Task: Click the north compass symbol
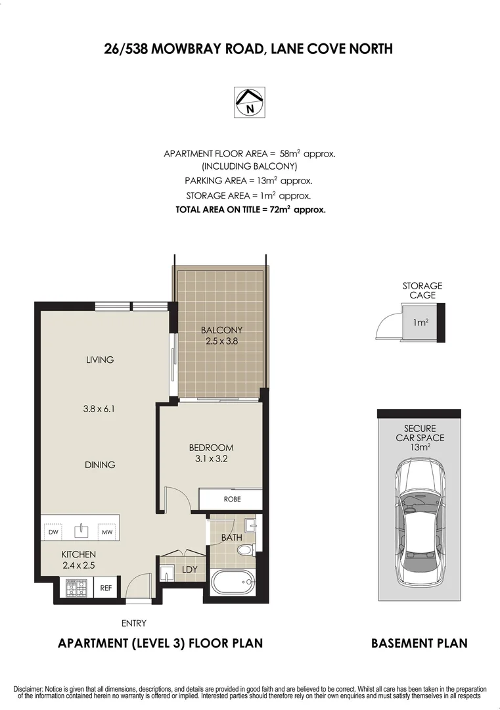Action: (x=249, y=103)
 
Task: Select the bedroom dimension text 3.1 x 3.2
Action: (x=211, y=459)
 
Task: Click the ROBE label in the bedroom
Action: (x=232, y=499)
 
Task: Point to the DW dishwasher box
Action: (x=53, y=531)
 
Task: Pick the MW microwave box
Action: (x=106, y=531)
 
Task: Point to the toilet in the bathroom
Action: (x=244, y=550)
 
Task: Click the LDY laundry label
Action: (x=189, y=569)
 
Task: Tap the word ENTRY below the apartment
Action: (x=134, y=623)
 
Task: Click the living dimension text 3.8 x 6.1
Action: (x=99, y=408)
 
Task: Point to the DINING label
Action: (x=100, y=465)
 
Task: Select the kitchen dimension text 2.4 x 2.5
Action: (x=79, y=564)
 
